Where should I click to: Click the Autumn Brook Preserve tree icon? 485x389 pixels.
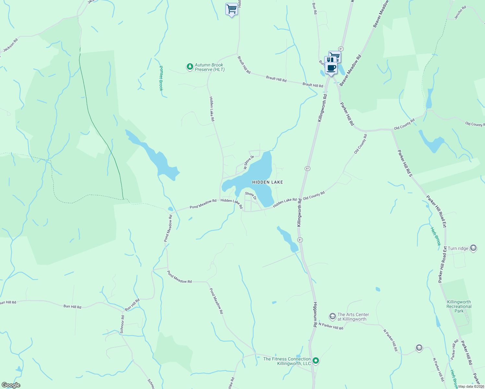click(190, 67)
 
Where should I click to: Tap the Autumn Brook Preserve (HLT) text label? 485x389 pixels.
click(209, 67)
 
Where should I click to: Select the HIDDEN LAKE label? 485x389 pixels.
click(267, 182)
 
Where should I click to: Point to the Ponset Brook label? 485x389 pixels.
click(161, 78)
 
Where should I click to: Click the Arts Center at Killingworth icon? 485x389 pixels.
click(332, 316)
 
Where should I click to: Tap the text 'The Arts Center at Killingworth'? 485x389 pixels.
click(353, 317)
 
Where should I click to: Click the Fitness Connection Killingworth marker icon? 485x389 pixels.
click(316, 360)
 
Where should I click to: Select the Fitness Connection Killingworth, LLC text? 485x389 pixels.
click(287, 361)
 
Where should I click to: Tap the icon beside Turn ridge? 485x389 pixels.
click(473, 248)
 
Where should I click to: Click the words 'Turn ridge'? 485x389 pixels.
click(458, 249)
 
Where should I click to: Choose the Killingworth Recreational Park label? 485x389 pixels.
click(459, 306)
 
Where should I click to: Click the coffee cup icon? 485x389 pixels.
click(331, 68)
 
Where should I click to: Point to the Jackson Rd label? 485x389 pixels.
click(10, 45)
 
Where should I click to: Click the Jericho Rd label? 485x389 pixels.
click(460, 13)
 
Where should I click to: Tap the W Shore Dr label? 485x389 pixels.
click(248, 162)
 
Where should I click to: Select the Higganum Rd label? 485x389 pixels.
click(315, 314)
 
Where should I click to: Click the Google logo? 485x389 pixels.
click(11, 385)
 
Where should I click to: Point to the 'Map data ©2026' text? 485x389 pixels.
click(470, 386)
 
